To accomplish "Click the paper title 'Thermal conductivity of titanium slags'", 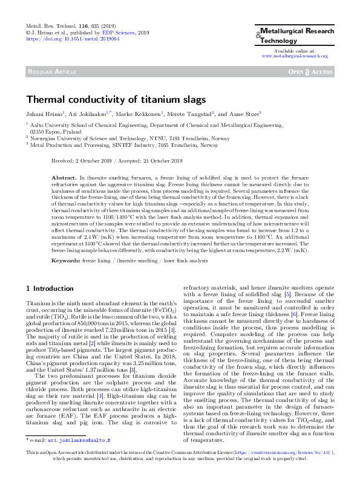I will tap(116, 100).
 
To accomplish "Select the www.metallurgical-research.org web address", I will tap(294, 56).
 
